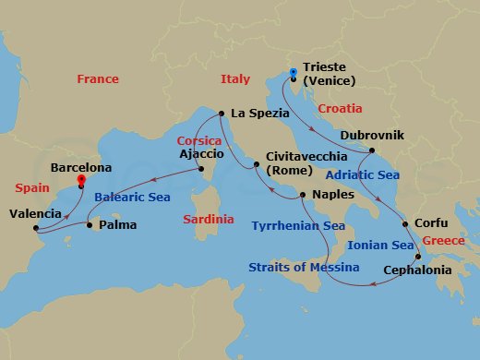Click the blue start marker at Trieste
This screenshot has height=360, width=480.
(293, 71)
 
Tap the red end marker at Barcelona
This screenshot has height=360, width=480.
(81, 180)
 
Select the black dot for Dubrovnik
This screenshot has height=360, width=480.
(372, 150)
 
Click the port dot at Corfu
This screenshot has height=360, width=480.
(405, 224)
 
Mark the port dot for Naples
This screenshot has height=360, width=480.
(302, 196)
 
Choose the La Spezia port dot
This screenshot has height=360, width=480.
(222, 114)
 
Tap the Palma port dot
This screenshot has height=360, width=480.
(89, 224)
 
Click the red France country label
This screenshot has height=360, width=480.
(98, 79)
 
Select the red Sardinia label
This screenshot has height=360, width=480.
(209, 221)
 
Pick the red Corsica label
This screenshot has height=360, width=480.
(199, 141)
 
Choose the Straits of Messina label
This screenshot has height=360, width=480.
(304, 268)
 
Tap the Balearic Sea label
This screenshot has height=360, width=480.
(132, 196)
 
